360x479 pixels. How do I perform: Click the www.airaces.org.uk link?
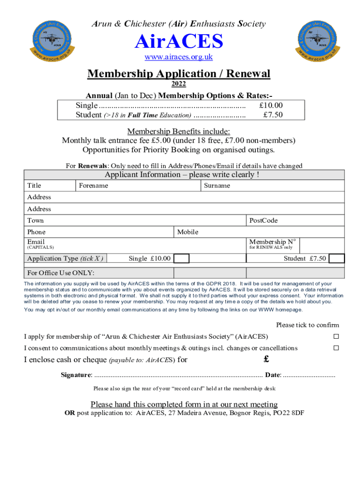point(179,57)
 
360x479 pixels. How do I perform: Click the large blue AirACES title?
point(179,42)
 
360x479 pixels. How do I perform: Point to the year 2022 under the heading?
point(179,84)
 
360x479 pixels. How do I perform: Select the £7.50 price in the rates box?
point(273,115)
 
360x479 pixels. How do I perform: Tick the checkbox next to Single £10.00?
point(181,259)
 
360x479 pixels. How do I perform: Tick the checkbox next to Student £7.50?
point(337,259)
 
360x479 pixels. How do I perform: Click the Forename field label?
point(94,186)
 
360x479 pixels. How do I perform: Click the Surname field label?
point(217,186)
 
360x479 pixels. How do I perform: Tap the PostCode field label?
point(263,220)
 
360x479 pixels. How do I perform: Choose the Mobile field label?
point(187,232)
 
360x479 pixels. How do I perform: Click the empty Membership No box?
point(322,244)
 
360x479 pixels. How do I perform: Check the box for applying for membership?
point(336,337)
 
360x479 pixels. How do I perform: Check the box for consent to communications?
point(336,348)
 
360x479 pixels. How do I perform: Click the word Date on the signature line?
point(273,375)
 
